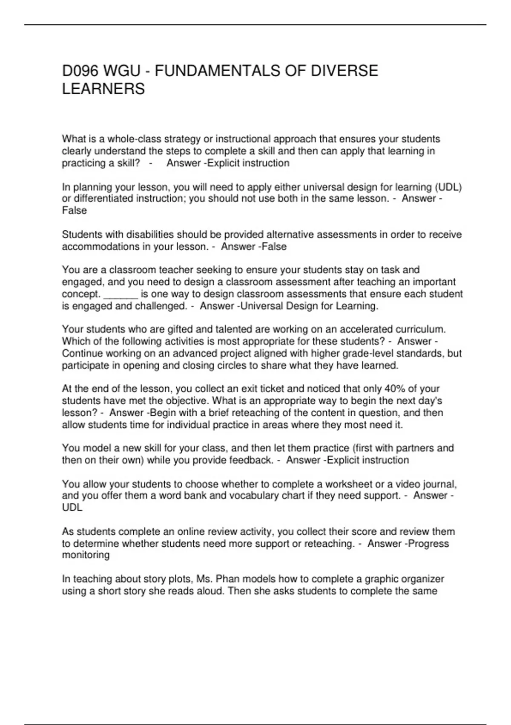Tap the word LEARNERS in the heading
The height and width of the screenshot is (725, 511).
pos(103,89)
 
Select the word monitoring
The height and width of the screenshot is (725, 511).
pos(86,555)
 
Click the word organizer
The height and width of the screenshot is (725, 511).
pos(420,579)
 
